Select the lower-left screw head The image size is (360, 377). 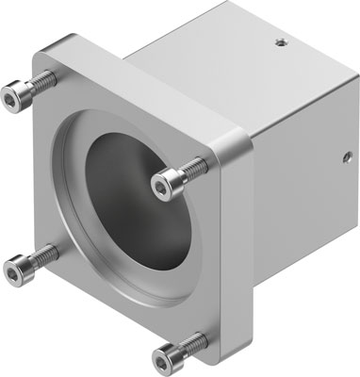[15, 268]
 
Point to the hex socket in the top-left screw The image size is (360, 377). [12, 93]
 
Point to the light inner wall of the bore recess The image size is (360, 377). [80, 188]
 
